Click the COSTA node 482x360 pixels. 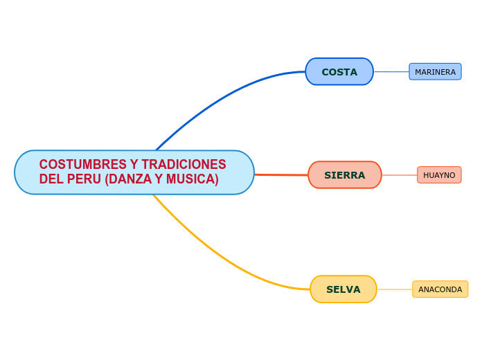point(339,72)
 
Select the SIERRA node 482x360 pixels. point(344,175)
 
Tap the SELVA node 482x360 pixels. point(343,289)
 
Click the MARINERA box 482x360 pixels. point(435,72)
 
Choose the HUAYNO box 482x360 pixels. point(439,175)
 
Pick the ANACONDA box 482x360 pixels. point(440,289)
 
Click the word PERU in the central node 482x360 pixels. point(84,180)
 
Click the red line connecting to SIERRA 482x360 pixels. point(280,174)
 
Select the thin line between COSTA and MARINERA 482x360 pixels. point(391,72)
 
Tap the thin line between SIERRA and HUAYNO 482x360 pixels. point(400,175)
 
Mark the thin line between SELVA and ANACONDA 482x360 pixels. point(395,289)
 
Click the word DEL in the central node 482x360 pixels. point(52,180)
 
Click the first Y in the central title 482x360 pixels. point(133,165)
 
